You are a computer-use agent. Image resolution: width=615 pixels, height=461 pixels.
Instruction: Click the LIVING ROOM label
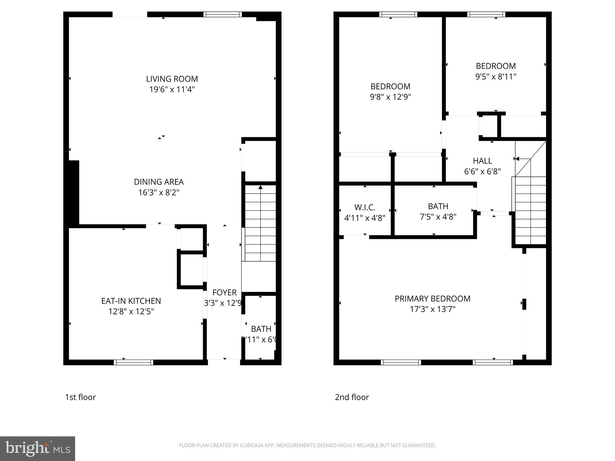[x=172, y=79]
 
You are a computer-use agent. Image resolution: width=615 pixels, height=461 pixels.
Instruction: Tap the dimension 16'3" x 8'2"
[x=159, y=192]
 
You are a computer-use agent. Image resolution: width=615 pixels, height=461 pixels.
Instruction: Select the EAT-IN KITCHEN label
[x=131, y=301]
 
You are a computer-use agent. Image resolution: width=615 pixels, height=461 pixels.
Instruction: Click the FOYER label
[x=224, y=292]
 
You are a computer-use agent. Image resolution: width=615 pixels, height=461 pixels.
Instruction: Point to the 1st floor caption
[x=80, y=397]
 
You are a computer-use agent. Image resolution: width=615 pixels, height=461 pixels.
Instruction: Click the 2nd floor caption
[x=352, y=397]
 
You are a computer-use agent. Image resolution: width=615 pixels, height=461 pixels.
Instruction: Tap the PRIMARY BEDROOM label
[x=432, y=299]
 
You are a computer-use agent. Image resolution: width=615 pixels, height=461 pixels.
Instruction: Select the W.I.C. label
[x=365, y=207]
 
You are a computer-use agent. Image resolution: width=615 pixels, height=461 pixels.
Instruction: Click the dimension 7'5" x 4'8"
[x=438, y=217]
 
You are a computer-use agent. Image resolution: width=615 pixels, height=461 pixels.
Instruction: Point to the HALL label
[x=482, y=161]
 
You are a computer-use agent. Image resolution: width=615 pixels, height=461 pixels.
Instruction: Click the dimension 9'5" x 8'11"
[x=495, y=77]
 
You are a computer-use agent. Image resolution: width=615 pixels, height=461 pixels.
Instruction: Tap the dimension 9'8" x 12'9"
[x=390, y=97]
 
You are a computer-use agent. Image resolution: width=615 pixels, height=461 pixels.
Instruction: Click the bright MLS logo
[x=37, y=448]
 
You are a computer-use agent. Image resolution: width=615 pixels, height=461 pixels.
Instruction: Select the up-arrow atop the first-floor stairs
[x=260, y=187]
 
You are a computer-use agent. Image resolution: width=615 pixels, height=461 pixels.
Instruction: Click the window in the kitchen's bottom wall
[x=133, y=362]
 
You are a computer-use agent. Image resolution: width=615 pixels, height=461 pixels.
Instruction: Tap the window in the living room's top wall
[x=223, y=14]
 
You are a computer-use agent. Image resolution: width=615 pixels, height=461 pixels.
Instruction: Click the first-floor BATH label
[x=261, y=329]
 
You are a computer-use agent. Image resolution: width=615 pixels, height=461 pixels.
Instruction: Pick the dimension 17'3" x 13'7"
[x=432, y=309]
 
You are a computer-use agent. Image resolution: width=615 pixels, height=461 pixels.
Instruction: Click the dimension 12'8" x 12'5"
[x=131, y=312]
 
